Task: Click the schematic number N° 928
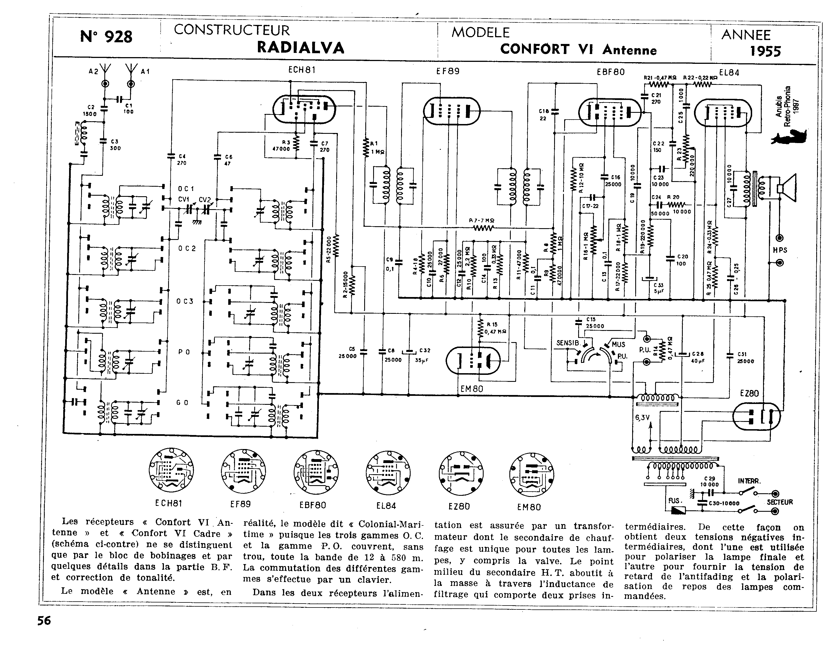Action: pyautogui.click(x=106, y=37)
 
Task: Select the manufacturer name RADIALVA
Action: pyautogui.click(x=301, y=48)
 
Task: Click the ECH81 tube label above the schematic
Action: pyautogui.click(x=302, y=70)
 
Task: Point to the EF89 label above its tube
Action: pyautogui.click(x=448, y=71)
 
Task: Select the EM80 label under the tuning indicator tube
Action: pyautogui.click(x=472, y=389)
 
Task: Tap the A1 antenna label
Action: pyautogui.click(x=146, y=71)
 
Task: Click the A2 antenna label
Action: pyautogui.click(x=93, y=71)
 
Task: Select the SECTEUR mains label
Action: pyautogui.click(x=780, y=502)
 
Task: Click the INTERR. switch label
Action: pyautogui.click(x=749, y=481)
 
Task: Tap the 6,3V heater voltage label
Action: pyautogui.click(x=642, y=417)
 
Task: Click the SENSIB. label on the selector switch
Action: pyautogui.click(x=568, y=343)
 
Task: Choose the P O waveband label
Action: pyautogui.click(x=184, y=352)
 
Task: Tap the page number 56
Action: pyautogui.click(x=44, y=621)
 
